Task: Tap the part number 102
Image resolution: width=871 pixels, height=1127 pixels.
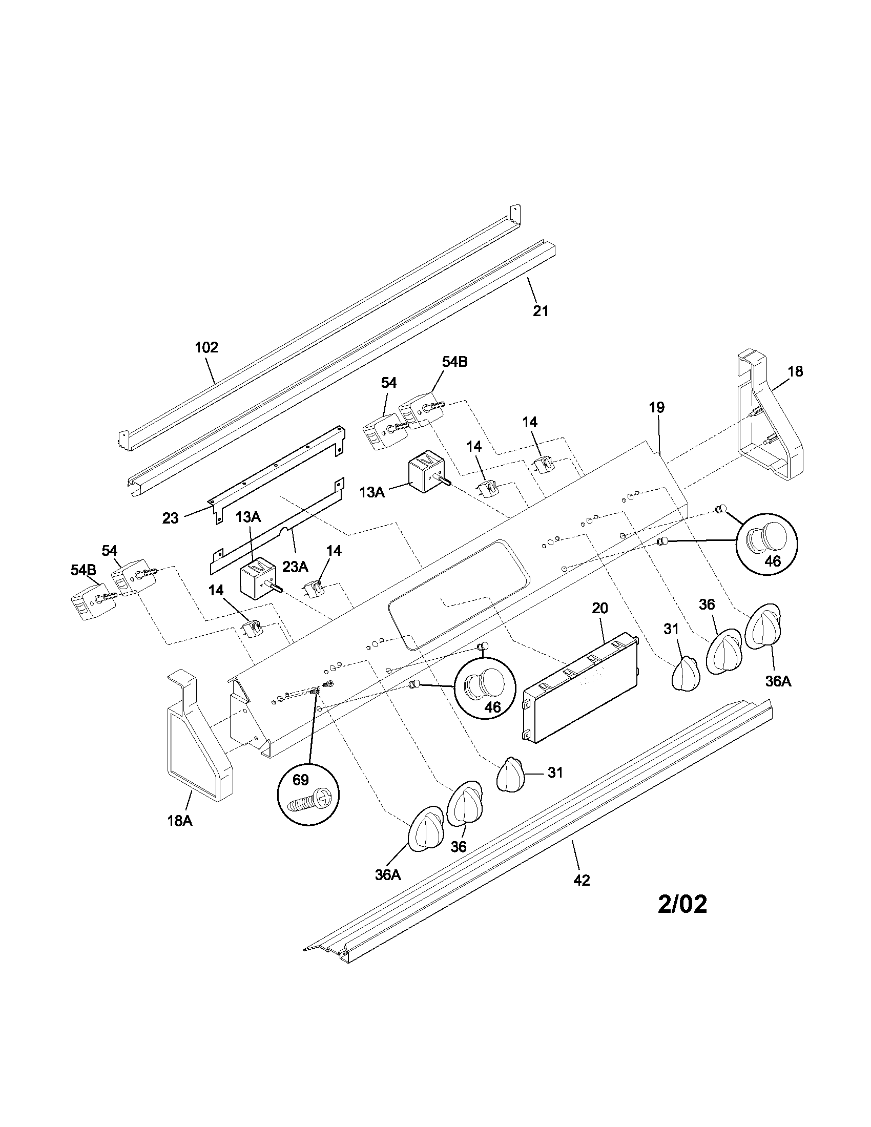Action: (206, 347)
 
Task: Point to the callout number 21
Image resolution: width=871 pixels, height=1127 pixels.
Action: (540, 311)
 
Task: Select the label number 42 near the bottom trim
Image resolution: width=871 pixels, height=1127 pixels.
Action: (582, 880)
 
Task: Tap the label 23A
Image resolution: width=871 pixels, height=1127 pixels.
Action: (295, 567)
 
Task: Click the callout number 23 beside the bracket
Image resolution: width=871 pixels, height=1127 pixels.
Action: (170, 518)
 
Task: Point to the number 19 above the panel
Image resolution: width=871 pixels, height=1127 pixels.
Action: (657, 407)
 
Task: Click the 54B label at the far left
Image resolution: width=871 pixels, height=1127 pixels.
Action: (84, 570)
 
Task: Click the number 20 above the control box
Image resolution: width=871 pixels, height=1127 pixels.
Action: (600, 609)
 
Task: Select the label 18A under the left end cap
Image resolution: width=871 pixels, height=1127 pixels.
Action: (179, 821)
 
